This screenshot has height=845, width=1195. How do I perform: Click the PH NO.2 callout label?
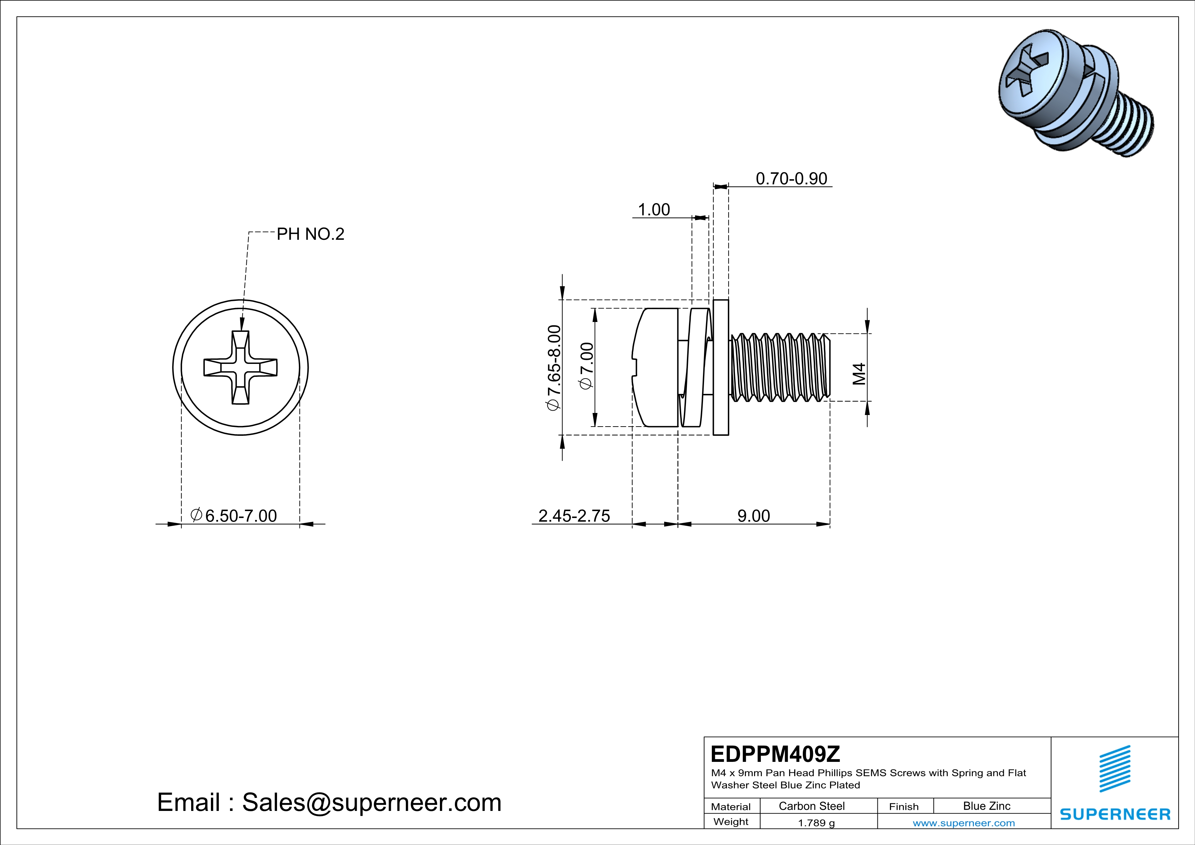click(x=310, y=234)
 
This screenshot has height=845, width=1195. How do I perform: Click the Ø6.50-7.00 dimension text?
click(x=234, y=516)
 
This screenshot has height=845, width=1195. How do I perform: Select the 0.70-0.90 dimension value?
click(x=791, y=179)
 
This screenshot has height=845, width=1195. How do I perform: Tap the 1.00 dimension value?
click(x=654, y=210)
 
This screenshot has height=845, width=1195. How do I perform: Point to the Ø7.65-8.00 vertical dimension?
click(x=554, y=367)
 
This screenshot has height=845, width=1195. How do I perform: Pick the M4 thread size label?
click(x=859, y=373)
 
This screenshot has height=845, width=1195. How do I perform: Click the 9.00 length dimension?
click(x=753, y=516)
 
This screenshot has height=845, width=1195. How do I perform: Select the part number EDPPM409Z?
click(x=775, y=753)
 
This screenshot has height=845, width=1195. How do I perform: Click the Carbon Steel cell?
click(x=811, y=806)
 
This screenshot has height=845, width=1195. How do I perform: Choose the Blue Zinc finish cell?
click(x=986, y=806)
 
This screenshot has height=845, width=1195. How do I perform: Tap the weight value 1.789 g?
click(x=816, y=823)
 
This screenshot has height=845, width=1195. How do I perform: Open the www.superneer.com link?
click(x=963, y=823)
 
